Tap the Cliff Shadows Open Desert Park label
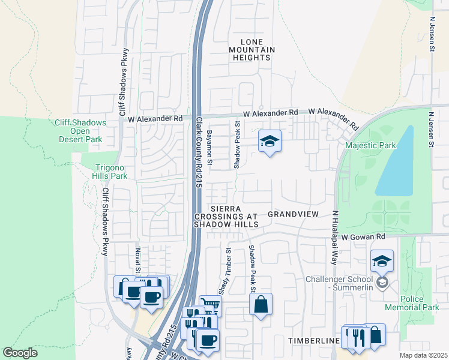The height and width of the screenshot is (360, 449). point(80,131)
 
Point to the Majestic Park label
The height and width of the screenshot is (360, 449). point(370,146)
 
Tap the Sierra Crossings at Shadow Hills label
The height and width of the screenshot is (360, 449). point(225,216)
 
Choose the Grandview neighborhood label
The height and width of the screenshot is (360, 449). point(292,214)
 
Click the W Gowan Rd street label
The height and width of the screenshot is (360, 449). point(363,238)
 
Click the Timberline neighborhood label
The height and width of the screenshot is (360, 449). point(314,341)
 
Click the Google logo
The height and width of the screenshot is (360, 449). point(20,353)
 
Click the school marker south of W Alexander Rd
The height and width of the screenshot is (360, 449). point(270,141)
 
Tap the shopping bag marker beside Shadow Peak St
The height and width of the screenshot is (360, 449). point(261,304)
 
